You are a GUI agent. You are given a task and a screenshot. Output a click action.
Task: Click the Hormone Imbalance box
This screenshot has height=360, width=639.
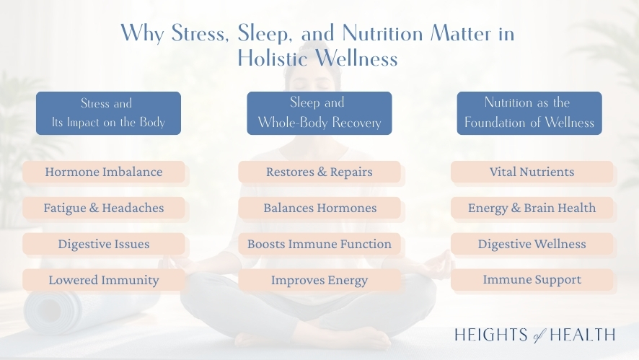click(x=103, y=172)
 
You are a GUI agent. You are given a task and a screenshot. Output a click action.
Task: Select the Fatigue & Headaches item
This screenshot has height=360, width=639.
click(x=103, y=208)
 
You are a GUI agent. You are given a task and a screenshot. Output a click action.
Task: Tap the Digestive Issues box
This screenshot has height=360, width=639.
click(x=103, y=244)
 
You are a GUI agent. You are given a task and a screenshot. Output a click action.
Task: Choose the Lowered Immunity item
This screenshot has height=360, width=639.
click(x=103, y=280)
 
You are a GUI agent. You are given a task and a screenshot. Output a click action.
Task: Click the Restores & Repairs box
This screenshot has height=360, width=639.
click(x=319, y=172)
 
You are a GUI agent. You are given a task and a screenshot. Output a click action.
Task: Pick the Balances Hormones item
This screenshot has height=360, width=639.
click(x=319, y=208)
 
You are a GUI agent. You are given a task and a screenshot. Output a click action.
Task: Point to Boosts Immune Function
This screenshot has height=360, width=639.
click(x=319, y=244)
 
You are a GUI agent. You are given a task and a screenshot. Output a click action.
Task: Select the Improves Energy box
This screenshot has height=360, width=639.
click(x=319, y=280)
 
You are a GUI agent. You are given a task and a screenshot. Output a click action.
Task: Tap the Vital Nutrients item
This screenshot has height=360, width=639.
click(x=532, y=172)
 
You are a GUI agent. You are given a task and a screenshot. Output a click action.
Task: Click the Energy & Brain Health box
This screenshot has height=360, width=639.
click(x=532, y=208)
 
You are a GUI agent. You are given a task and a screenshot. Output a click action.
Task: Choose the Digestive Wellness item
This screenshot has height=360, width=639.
click(x=532, y=244)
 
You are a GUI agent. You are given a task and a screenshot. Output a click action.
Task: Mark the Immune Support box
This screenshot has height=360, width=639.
click(x=532, y=280)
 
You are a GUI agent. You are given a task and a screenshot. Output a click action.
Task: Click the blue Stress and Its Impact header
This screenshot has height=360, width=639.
click(x=108, y=113)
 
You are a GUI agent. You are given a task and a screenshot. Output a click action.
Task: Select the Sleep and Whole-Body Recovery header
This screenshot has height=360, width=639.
click(x=319, y=113)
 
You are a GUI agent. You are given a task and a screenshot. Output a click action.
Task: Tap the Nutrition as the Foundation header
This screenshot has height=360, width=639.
click(x=529, y=113)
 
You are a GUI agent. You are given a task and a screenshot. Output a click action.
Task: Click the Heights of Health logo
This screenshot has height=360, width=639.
click(x=534, y=334)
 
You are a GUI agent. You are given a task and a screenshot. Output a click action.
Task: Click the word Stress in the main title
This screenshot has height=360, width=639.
click(x=197, y=34)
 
